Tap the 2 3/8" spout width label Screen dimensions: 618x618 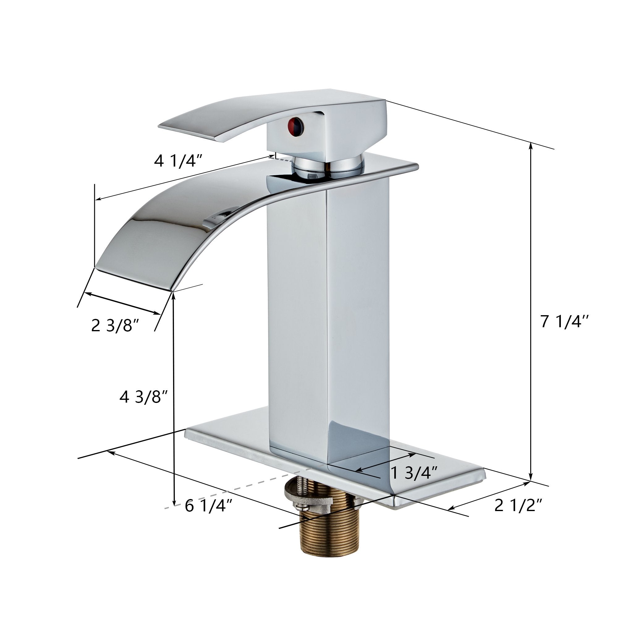click(x=115, y=326)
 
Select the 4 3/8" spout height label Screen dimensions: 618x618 click(x=144, y=397)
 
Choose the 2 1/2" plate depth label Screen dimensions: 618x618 click(x=518, y=506)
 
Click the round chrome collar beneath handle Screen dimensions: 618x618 click(x=329, y=166)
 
